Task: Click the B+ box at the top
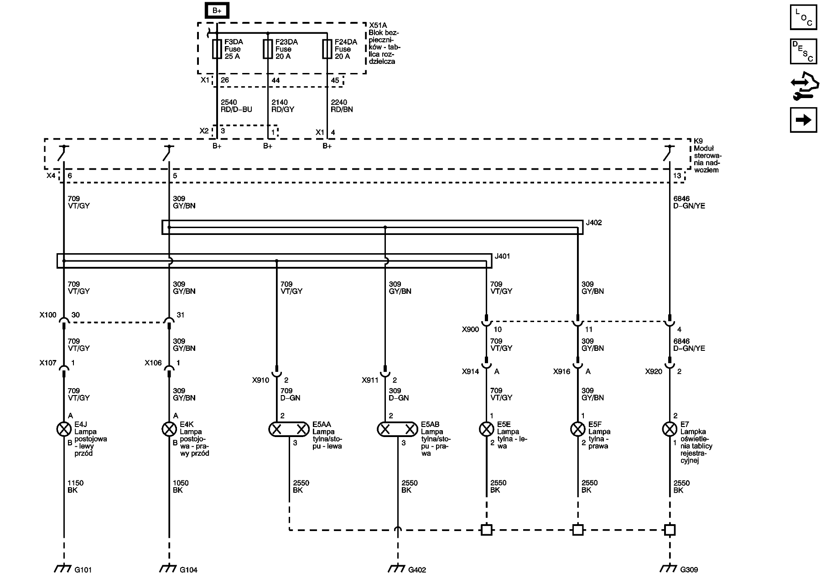coord(217,10)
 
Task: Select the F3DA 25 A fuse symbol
coord(217,49)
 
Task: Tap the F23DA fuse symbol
coord(268,49)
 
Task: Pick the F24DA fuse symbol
coord(327,49)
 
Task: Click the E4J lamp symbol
coord(63,429)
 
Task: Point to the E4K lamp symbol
coord(169,429)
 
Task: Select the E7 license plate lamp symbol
coord(669,429)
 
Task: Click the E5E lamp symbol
coord(486,429)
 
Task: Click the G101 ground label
coord(84,570)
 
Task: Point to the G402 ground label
coord(417,570)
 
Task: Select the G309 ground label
coord(689,570)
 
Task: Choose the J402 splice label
coord(594,223)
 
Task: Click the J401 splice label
coord(502,256)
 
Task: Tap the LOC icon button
coord(803,17)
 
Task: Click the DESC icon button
coord(803,51)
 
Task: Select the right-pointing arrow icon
coord(803,120)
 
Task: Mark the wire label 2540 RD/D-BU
coord(236,106)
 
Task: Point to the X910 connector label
coord(260,380)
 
